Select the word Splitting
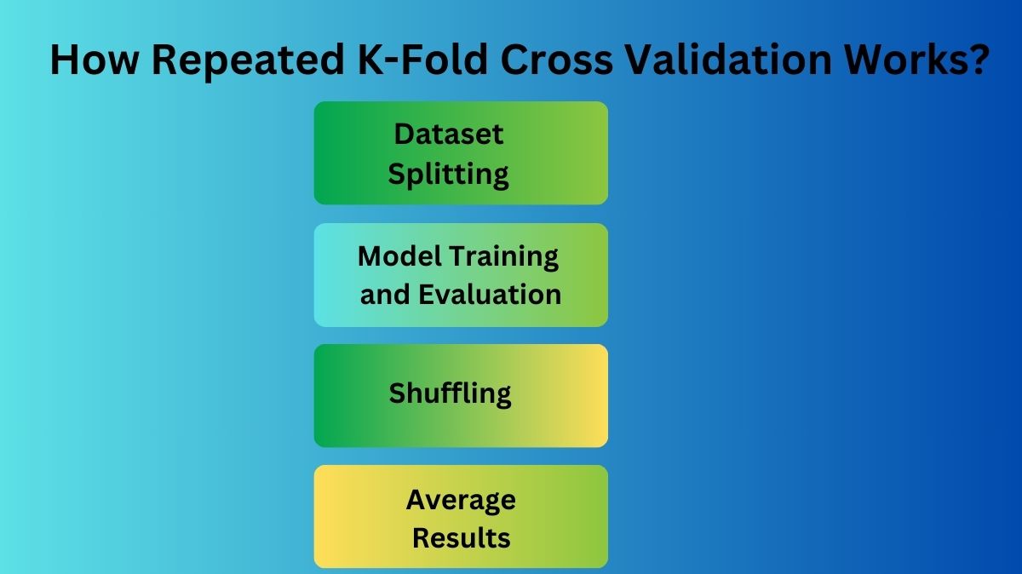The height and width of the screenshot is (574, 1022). coord(449,174)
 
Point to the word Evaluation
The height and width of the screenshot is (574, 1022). coord(490,295)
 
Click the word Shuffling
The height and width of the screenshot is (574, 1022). coord(451,393)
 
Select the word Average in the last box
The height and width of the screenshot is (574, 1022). coord(461,499)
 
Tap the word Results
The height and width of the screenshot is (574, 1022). coord(461,538)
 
